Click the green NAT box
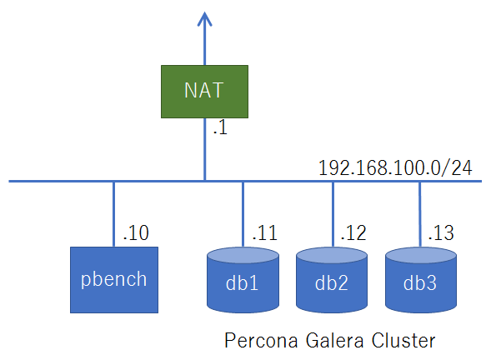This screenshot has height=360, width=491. (x=204, y=92)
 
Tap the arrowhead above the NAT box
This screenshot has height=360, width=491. (x=204, y=19)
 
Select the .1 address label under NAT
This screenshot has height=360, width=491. (x=220, y=128)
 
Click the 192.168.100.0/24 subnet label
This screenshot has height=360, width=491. (x=395, y=168)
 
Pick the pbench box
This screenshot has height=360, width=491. (x=114, y=280)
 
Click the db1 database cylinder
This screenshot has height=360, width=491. (x=243, y=280)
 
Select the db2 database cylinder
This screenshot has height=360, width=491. (x=332, y=280)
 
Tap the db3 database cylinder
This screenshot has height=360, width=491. (x=420, y=280)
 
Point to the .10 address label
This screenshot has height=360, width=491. (x=136, y=232)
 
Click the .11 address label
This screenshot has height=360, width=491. (x=265, y=232)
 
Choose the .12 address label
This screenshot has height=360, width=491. (x=353, y=232)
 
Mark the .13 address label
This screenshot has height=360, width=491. (x=441, y=232)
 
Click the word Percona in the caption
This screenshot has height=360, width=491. (x=261, y=341)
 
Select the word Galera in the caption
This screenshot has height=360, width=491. (x=334, y=341)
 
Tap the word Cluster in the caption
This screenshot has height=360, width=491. (x=403, y=341)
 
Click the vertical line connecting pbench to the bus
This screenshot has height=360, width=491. (x=113, y=214)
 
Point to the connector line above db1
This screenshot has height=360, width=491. (x=243, y=214)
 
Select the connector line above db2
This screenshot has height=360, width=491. (x=333, y=214)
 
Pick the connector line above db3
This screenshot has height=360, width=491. (x=420, y=214)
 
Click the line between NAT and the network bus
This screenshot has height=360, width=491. (x=205, y=149)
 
